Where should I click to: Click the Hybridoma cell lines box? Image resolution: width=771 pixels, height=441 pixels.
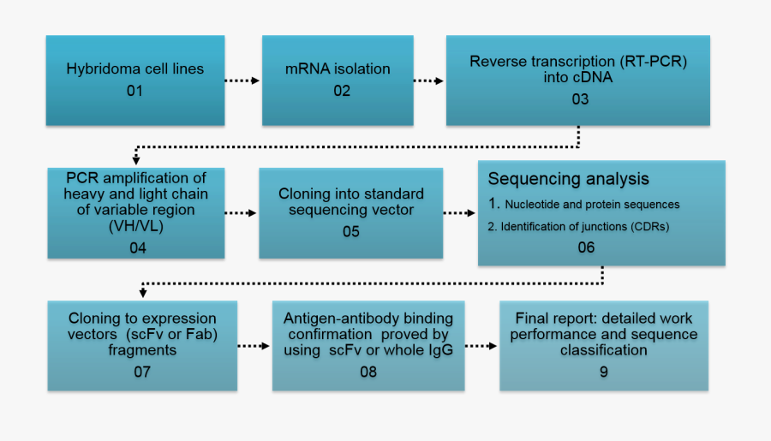(135, 80)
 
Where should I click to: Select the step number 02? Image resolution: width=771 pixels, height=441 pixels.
(342, 90)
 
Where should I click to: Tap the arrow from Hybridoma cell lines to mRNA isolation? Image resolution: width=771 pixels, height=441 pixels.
(242, 81)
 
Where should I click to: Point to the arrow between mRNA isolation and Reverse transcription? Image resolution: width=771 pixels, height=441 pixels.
(428, 81)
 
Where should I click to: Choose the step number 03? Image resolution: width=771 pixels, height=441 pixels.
(580, 98)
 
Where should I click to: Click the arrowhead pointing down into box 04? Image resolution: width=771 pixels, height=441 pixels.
(135, 159)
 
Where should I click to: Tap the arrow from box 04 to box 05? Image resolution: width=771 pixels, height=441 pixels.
(241, 213)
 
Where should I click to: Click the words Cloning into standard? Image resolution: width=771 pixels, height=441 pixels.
(350, 194)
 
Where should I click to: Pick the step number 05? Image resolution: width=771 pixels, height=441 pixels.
(350, 230)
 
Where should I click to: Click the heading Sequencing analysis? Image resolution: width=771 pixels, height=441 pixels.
(568, 179)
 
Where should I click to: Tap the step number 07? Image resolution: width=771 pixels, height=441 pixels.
(141, 372)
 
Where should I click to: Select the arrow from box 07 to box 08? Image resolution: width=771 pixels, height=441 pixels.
(254, 347)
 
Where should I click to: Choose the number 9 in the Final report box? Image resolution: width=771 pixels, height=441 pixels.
(604, 372)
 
